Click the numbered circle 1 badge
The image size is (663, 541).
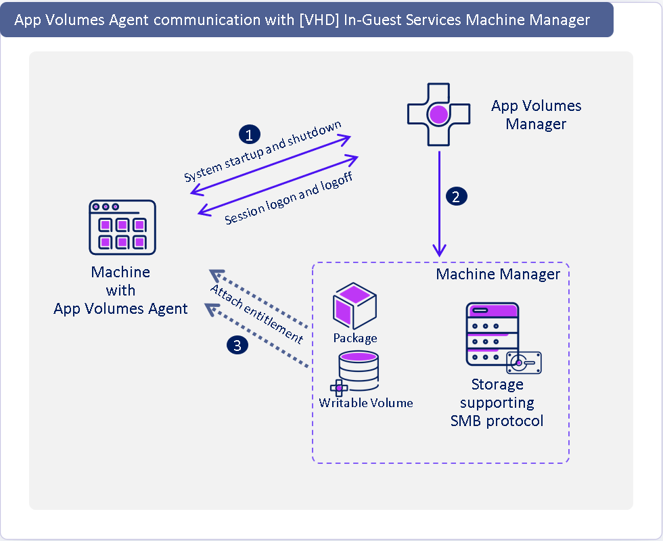coord(248,135)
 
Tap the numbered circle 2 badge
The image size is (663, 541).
coord(456,197)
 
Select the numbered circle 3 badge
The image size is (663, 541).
coord(237,346)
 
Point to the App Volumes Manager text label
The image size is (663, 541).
coord(536,115)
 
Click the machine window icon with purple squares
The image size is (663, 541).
coord(122,227)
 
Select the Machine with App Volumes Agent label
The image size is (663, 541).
coord(120,291)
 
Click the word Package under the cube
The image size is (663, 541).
coord(355,337)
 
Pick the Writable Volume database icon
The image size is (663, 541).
coord(357,373)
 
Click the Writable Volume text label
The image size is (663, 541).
coord(365,403)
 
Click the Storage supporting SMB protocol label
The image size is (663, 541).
coord(497,403)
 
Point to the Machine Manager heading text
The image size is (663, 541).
coord(498,274)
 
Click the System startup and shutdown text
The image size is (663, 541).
coord(262,152)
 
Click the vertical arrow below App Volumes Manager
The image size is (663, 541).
coord(440,203)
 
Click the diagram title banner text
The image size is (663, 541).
coord(302,20)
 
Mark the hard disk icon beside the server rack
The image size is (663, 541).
coord(524,362)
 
